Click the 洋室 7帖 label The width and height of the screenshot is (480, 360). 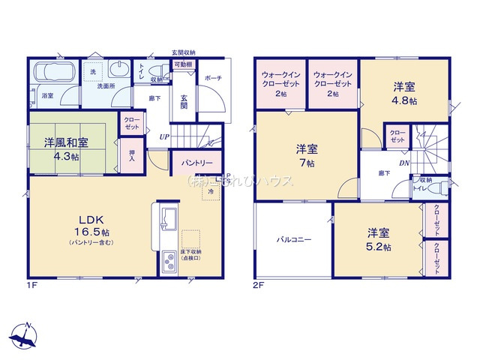pyautogui.click(x=306, y=155)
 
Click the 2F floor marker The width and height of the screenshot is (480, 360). pyautogui.click(x=259, y=286)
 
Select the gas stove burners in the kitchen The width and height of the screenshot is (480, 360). pyautogui.click(x=168, y=263)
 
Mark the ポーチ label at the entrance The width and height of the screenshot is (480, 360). pyautogui.click(x=212, y=77)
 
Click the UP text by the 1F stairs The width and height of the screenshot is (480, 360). pyautogui.click(x=163, y=136)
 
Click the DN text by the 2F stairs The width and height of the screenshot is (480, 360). pyautogui.click(x=403, y=163)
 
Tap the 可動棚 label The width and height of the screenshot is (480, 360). pyautogui.click(x=183, y=65)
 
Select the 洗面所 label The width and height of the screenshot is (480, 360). pyautogui.click(x=103, y=86)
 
